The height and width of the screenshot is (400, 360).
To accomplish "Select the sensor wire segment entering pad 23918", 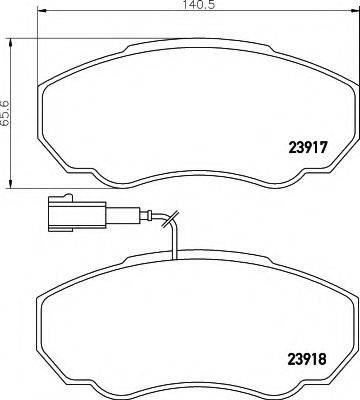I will [x=175, y=245].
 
